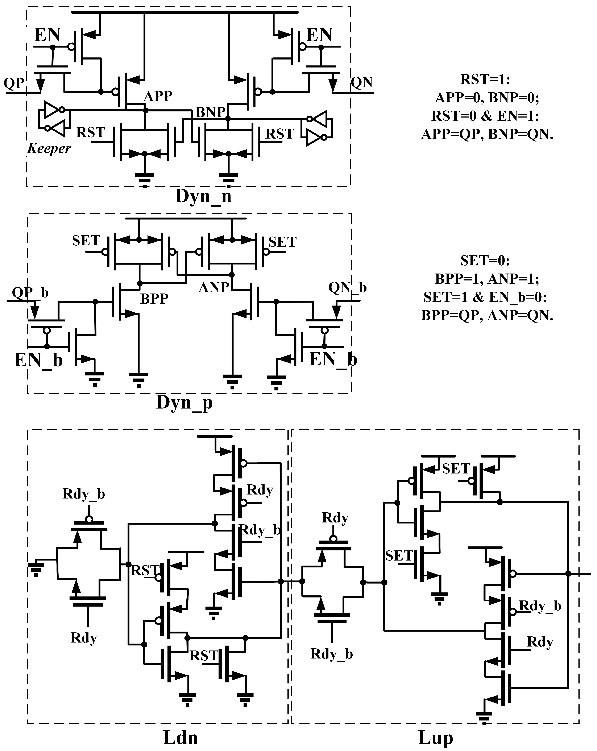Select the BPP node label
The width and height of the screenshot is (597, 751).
pos(154,299)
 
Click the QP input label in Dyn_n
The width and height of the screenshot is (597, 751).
pos(14,84)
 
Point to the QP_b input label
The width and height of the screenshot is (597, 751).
pos(30,293)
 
